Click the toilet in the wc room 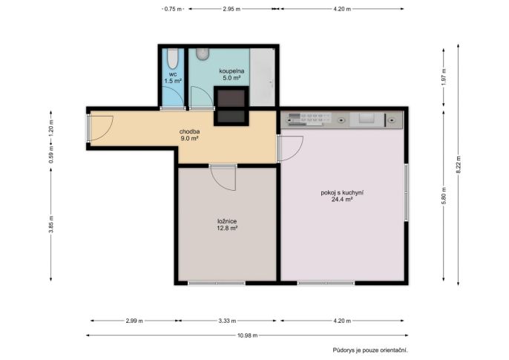[x=173, y=59]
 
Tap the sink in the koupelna [x=203, y=54]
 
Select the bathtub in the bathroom [x=263, y=77]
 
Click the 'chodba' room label [x=190, y=131]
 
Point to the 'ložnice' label [x=227, y=221]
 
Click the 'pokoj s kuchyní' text [x=342, y=192]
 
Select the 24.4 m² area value [x=342, y=200]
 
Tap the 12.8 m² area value [x=227, y=228]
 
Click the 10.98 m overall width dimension [x=247, y=336]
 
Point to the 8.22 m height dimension [x=459, y=165]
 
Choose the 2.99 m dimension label [x=134, y=321]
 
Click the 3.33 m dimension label [x=227, y=321]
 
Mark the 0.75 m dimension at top [x=173, y=9]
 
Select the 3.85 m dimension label [x=51, y=224]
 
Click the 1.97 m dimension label [x=444, y=76]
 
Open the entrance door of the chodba [x=101, y=128]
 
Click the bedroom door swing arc [x=223, y=178]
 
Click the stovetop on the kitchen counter [x=309, y=120]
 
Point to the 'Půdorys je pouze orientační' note [x=370, y=350]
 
